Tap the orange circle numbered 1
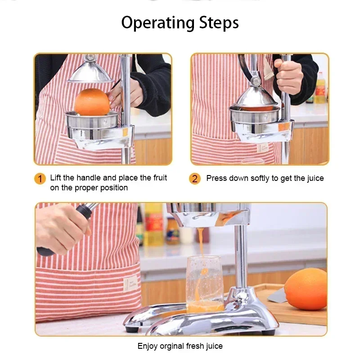(40, 179)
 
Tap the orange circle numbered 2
(194, 179)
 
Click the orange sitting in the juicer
(92, 102)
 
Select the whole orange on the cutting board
(306, 289)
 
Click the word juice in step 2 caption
(315, 178)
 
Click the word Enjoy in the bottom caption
(148, 346)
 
